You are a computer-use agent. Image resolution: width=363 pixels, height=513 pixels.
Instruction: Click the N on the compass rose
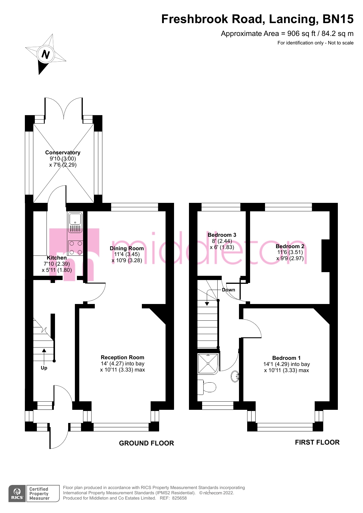[x=46, y=54]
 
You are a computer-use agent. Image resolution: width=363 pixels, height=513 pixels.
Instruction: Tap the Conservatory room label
[x=63, y=153]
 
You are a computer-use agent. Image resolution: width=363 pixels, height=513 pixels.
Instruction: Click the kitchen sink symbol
[x=75, y=222]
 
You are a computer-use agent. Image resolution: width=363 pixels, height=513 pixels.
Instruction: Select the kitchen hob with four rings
[x=75, y=248]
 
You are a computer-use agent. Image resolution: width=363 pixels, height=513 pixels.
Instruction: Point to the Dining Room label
[x=127, y=248]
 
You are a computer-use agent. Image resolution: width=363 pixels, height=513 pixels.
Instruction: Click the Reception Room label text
[x=122, y=357]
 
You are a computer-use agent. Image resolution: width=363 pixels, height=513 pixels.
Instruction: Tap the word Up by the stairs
[x=44, y=368]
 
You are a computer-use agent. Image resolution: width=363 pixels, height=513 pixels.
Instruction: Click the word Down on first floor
[x=228, y=290]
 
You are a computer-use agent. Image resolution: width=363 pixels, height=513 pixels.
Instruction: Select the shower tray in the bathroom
[x=208, y=363]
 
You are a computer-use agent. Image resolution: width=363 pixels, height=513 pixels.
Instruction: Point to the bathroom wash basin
[x=235, y=376]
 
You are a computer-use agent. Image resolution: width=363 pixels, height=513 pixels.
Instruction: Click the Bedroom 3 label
[x=222, y=235]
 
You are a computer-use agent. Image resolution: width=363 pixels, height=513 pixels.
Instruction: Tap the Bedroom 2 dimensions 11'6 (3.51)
[x=290, y=252]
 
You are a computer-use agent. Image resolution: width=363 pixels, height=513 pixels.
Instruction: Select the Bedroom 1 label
[x=286, y=358]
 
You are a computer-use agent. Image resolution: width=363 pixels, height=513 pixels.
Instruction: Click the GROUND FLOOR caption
[x=146, y=443]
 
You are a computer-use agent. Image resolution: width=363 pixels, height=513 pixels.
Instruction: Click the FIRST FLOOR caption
[x=317, y=443]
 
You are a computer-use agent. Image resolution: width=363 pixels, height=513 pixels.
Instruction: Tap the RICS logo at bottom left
[x=17, y=494]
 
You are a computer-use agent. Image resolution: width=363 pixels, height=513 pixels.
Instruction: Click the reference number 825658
[x=179, y=498]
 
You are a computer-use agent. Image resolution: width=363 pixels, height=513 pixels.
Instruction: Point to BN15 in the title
[x=338, y=19]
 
